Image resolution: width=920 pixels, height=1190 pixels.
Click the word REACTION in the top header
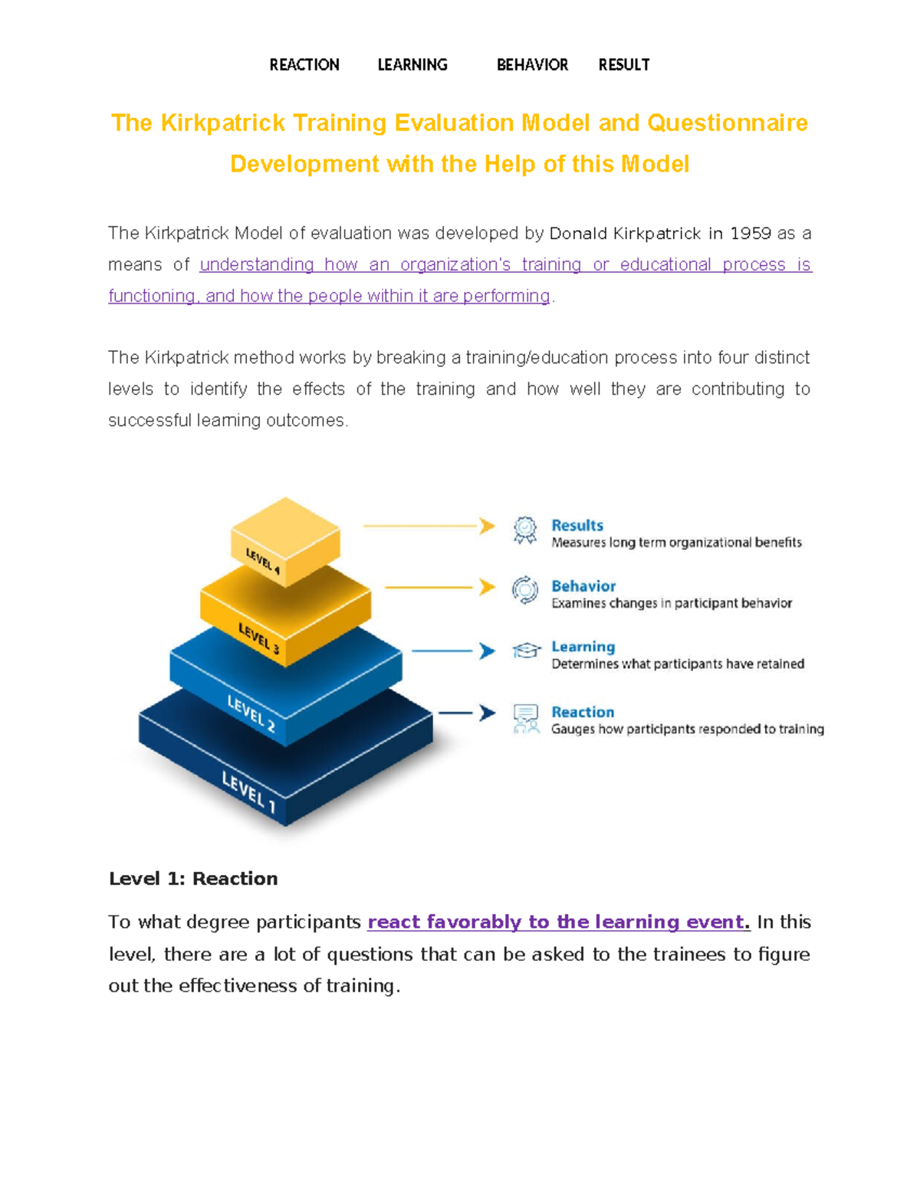pos(304,65)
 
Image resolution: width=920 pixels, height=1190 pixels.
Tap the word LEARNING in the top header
pos(412,65)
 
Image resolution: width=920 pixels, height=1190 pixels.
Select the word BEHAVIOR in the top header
pos(532,65)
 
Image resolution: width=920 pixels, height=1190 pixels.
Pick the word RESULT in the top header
pos(623,65)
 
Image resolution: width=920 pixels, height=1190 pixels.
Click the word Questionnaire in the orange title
pos(727,123)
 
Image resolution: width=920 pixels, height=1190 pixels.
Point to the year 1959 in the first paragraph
pos(750,233)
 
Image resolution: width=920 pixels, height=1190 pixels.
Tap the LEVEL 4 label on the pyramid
pos(262,561)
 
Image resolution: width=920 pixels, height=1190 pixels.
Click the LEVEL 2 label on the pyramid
pos(251,713)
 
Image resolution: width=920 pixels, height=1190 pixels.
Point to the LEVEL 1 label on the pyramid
pos(248,791)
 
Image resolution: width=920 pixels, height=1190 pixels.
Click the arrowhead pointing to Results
pos(488,526)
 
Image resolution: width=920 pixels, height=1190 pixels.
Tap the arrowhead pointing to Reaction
pos(488,713)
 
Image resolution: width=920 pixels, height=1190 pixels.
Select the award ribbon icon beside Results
pos(525,529)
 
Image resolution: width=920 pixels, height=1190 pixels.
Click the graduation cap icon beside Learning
pos(526,651)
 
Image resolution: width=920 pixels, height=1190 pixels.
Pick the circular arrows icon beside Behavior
pos(525,590)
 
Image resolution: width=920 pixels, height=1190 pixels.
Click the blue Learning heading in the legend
pos(583,647)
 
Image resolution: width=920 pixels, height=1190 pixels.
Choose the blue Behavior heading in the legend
pos(583,586)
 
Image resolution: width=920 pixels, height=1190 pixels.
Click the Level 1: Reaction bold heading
pos(193,879)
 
